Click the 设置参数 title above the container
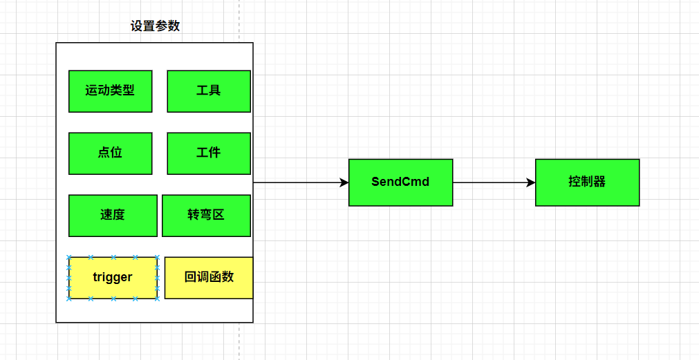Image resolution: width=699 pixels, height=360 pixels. pos(156,26)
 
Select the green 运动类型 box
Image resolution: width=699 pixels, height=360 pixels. pos(110,91)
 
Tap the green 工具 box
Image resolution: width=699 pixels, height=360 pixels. pos(208,91)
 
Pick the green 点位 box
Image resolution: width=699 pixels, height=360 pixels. pos(110,153)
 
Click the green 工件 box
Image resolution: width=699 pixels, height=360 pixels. pos(208,153)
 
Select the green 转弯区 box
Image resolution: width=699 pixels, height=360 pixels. pos(206,216)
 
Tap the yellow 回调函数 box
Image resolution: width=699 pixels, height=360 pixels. pos(209,278)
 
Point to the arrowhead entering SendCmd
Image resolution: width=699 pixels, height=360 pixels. pos(344,182)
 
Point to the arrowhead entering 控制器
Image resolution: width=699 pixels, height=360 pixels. pos(530,182)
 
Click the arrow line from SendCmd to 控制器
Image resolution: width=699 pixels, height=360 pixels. pos(491,182)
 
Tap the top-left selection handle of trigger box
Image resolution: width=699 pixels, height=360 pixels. pos(68,257)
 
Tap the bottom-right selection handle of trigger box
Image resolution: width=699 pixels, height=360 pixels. pos(157,299)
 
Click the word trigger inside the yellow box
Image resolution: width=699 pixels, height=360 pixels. pos(113,278)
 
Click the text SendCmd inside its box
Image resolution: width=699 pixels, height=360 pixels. pos(400,182)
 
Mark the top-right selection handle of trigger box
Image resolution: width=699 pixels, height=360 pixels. pos(157,257)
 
